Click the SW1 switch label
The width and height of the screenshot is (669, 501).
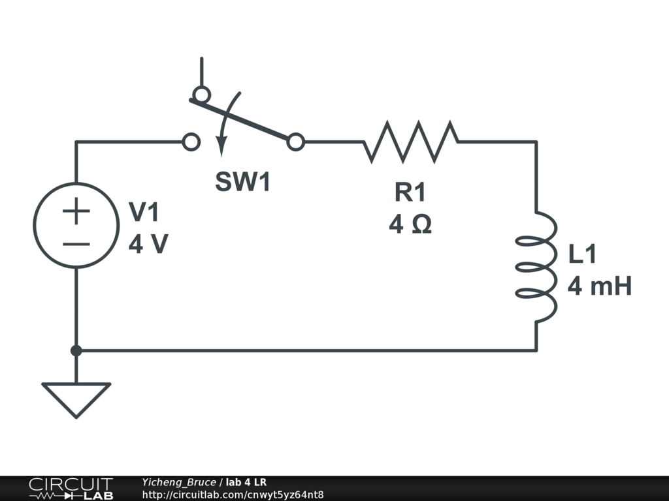pyautogui.click(x=242, y=182)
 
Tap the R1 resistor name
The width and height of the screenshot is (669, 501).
pyautogui.click(x=410, y=192)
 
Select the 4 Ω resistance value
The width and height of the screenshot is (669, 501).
pyautogui.click(x=410, y=225)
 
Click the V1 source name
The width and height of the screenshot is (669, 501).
pyautogui.click(x=144, y=212)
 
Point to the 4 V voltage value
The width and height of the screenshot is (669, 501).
pyautogui.click(x=148, y=245)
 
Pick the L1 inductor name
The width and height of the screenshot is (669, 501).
pyautogui.click(x=582, y=254)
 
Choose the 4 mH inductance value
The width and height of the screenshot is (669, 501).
pyautogui.click(x=599, y=286)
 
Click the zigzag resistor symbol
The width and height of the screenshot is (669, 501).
pyautogui.click(x=410, y=141)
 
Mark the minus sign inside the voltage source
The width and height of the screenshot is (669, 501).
pyautogui.click(x=76, y=245)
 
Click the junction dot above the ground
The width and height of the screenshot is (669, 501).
pyautogui.click(x=76, y=351)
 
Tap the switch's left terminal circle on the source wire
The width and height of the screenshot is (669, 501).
pyautogui.click(x=191, y=142)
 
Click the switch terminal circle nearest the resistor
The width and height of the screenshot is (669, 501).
pyautogui.click(x=296, y=142)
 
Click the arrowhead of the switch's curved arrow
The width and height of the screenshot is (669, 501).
pyautogui.click(x=222, y=149)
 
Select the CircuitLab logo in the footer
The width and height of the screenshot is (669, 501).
pyautogui.click(x=70, y=488)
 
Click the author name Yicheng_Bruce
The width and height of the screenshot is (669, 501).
pyautogui.click(x=178, y=482)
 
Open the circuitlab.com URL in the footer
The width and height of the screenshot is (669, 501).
pyautogui.click(x=233, y=494)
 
